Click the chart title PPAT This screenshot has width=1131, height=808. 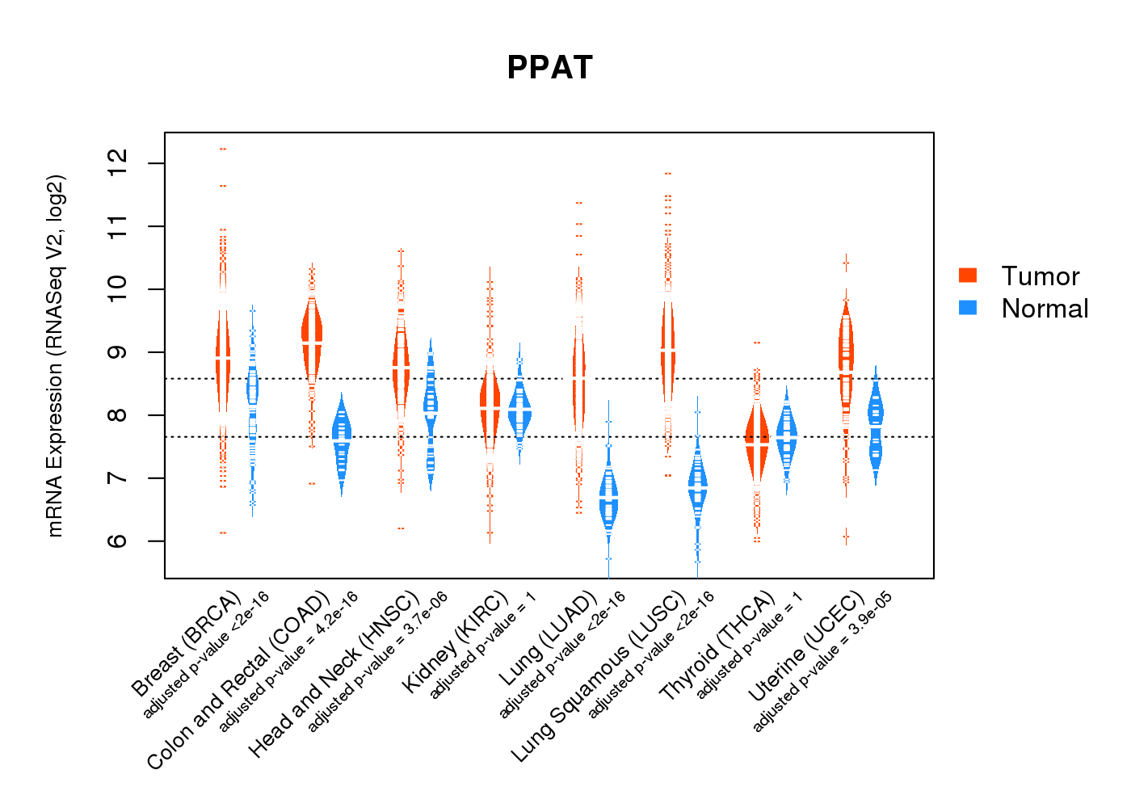pos(549,68)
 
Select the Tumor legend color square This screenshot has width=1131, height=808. pos(968,276)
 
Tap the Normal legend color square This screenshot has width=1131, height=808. pos(968,308)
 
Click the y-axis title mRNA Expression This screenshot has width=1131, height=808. pos(55,356)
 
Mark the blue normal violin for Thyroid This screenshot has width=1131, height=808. pos(787,436)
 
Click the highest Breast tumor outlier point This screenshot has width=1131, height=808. pos(223,149)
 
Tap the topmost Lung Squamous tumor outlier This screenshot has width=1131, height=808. pos(668,174)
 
